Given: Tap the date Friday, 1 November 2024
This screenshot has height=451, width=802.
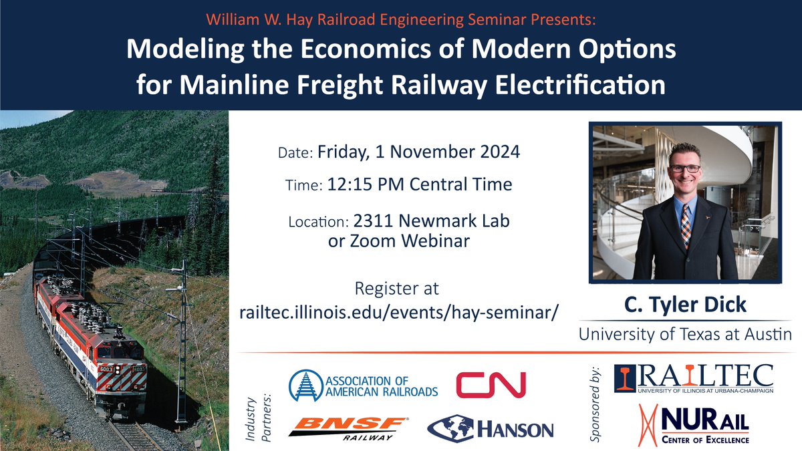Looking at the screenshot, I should click(x=418, y=152).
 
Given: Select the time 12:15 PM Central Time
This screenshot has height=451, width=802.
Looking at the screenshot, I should click(x=420, y=184).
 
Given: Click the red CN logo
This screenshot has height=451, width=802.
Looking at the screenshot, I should click(x=491, y=385).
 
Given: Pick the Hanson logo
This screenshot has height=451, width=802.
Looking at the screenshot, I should click(x=491, y=428).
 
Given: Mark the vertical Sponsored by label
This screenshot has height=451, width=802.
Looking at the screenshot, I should click(x=597, y=405).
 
